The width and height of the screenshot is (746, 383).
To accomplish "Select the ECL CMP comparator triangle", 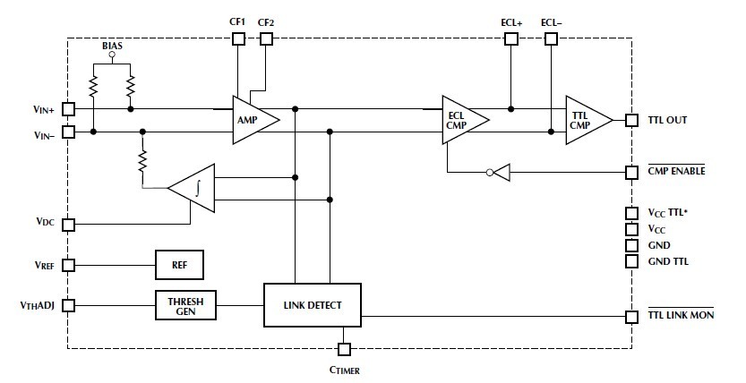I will [462, 120].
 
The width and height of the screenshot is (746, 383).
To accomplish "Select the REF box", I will [180, 265].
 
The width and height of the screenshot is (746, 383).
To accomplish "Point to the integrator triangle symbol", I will [195, 188].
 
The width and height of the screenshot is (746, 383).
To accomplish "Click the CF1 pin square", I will [238, 38].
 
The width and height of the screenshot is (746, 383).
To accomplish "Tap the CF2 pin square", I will [266, 38].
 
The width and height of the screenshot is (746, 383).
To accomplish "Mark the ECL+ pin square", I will [511, 38].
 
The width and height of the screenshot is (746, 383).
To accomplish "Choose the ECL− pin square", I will [551, 38].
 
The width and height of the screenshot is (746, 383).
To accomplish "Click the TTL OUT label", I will [668, 120].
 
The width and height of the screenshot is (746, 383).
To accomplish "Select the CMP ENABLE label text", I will [677, 170].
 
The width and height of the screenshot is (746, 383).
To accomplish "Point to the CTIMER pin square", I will [344, 348].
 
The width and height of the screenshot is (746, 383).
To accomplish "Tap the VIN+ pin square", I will [68, 109].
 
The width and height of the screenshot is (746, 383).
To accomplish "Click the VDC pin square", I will [68, 224].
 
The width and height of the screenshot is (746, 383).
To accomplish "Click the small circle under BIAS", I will [111, 55].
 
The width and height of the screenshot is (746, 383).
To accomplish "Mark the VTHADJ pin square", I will [68, 305].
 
